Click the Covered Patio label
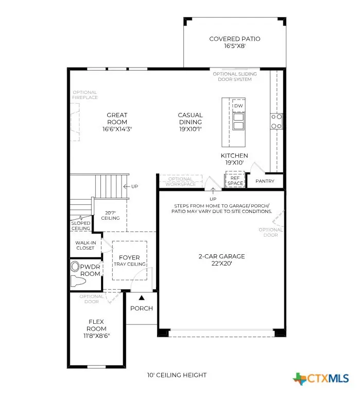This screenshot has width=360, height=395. tap(234, 39)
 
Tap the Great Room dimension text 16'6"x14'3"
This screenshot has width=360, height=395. tap(117, 129)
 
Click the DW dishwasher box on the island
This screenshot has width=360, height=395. tap(238, 106)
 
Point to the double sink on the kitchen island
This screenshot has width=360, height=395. tap(238, 121)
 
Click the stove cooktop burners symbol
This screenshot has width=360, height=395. tap(277, 121)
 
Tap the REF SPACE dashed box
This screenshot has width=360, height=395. tap(236, 180)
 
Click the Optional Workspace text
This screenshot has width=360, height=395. tap(180, 181)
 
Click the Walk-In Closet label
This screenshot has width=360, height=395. tap(85, 244)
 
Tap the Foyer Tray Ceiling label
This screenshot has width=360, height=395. tap(129, 260)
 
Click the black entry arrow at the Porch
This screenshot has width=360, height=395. tap(142, 298)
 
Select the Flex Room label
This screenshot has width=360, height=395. tap(96, 325)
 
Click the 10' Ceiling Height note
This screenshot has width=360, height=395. tap(177, 375)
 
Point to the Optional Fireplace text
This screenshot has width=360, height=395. tap(85, 95)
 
